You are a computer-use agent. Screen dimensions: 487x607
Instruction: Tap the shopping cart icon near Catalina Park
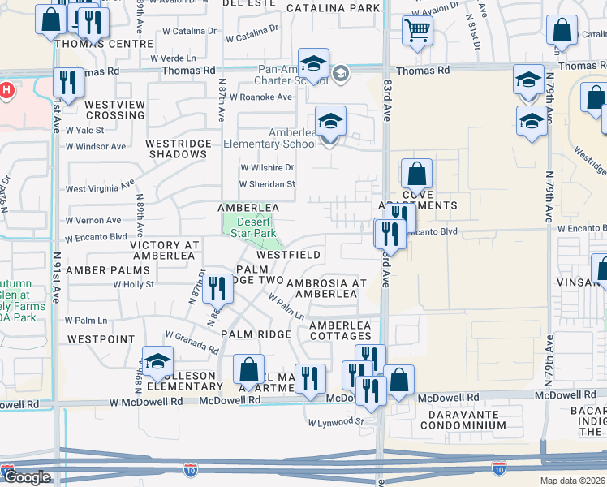[x=417, y=30]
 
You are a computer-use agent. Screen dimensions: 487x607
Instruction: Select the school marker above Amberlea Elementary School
[x=330, y=121]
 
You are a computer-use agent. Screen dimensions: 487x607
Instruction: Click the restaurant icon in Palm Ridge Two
[x=217, y=287]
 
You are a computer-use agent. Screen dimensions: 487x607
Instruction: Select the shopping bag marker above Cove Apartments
[x=416, y=174]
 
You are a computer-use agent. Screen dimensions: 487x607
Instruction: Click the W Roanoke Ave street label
[x=260, y=97]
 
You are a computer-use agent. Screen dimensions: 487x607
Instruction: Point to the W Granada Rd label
[x=192, y=341]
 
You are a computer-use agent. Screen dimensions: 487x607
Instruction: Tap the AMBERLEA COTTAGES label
[x=340, y=330]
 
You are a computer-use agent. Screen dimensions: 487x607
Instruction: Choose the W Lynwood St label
[x=335, y=422]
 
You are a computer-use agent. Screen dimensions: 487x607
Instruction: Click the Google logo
[x=27, y=477]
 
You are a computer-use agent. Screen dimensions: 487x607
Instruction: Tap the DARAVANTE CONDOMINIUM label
[x=457, y=419]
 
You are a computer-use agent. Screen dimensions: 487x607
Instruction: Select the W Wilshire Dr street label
[x=266, y=167]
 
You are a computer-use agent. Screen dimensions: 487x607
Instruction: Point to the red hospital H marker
[x=6, y=90]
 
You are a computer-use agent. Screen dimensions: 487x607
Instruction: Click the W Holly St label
[x=134, y=284]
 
